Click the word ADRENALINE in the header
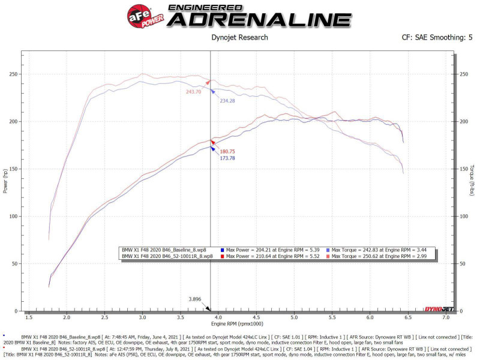point(259,20)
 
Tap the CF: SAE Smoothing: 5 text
point(437,38)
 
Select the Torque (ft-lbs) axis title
point(472,180)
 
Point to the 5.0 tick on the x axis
point(294,317)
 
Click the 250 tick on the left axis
point(13,74)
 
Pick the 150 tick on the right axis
point(463,169)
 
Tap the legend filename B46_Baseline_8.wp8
point(166,249)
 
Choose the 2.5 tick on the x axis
point(104,317)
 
